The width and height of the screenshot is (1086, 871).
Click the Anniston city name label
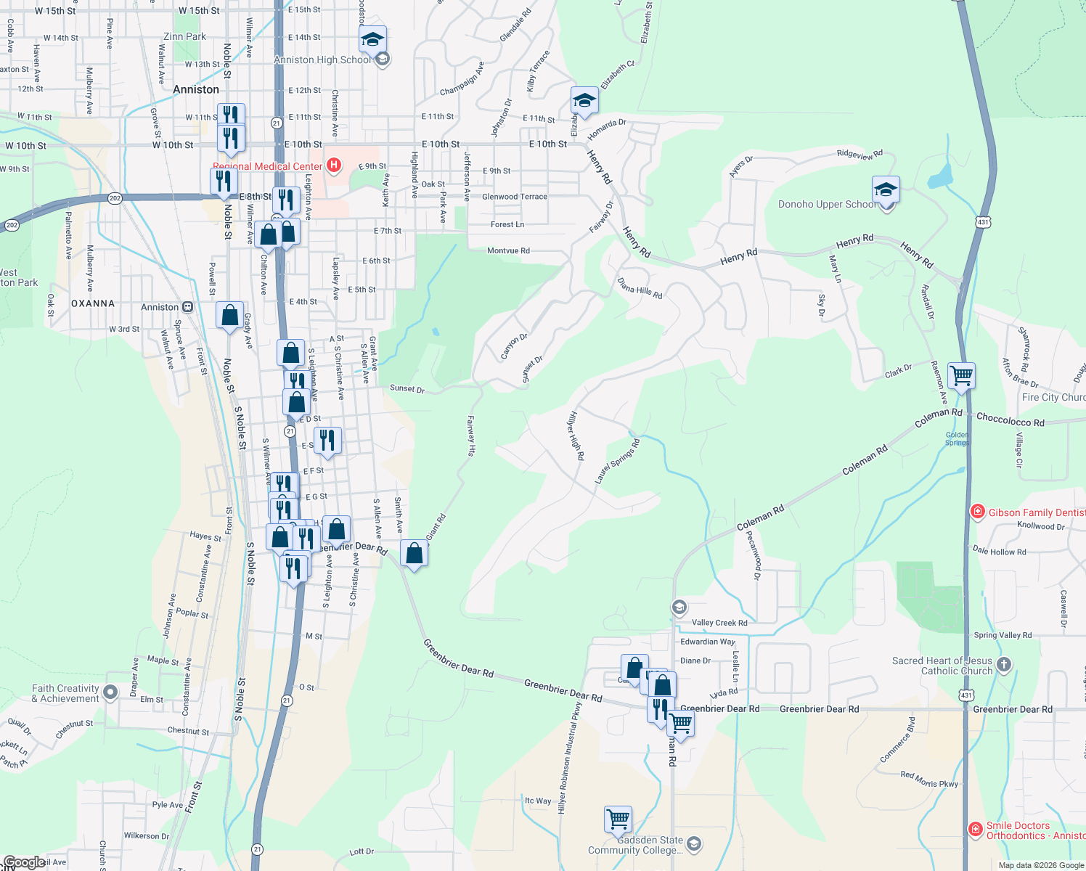click(196, 89)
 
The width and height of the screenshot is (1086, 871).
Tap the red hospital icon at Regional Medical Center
click(334, 165)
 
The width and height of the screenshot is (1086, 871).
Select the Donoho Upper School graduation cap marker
click(886, 190)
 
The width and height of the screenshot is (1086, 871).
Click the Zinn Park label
click(184, 36)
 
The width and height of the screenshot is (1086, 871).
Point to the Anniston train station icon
click(187, 307)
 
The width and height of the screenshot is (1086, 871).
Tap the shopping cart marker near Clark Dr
click(961, 375)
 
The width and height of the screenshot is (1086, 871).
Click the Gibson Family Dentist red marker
click(978, 512)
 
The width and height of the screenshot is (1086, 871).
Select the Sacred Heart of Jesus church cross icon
click(1004, 664)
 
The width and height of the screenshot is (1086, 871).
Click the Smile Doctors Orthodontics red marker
click(976, 829)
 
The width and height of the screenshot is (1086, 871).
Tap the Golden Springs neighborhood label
click(957, 438)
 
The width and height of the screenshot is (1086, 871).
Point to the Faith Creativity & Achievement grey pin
click(110, 692)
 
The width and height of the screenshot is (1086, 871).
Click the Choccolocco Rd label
click(1010, 420)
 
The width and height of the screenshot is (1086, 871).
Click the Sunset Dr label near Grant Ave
click(407, 388)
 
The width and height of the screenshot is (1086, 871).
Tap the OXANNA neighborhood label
click(93, 303)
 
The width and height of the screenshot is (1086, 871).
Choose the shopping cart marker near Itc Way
click(618, 819)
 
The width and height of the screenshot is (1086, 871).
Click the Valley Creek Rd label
click(719, 623)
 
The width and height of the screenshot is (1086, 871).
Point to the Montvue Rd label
click(508, 251)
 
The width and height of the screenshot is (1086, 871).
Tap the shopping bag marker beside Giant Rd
click(414, 554)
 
